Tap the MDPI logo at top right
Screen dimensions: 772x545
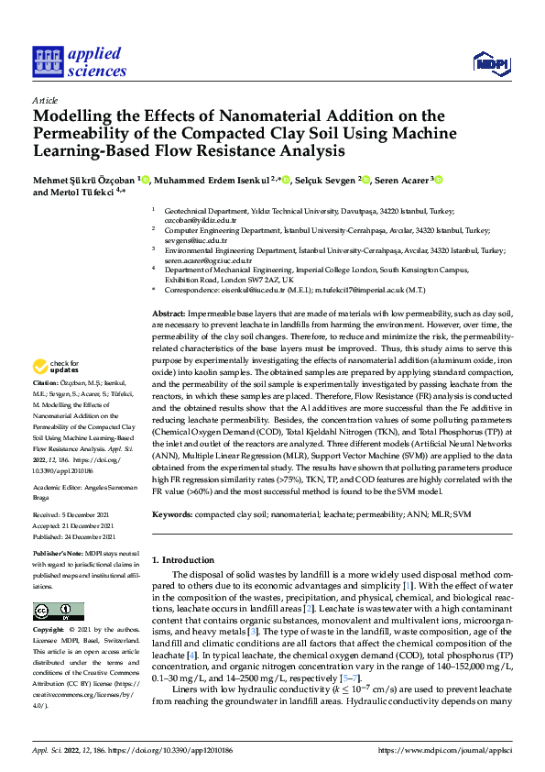coord(490,62)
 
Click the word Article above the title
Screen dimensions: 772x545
coord(45,99)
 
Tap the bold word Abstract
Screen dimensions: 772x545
coord(169,314)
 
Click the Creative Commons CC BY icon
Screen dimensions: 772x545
coord(59,612)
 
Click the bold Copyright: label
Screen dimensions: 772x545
coord(49,631)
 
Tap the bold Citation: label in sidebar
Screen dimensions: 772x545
coord(47,382)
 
